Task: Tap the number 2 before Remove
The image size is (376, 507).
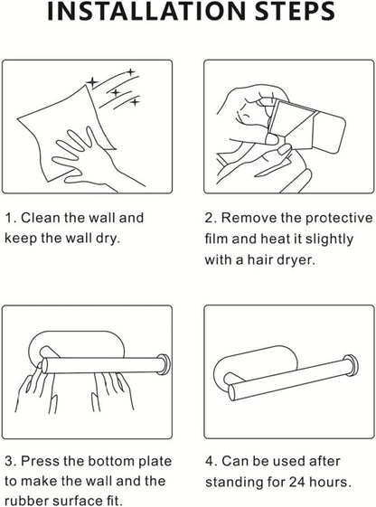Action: tap(210, 219)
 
